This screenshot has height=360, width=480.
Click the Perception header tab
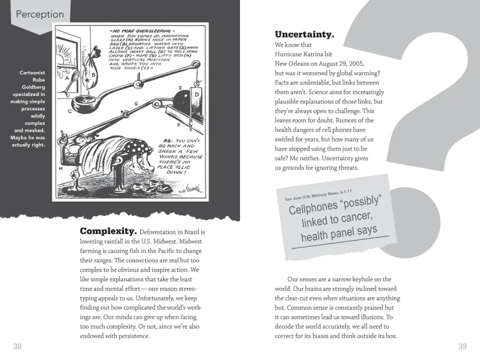[39, 15]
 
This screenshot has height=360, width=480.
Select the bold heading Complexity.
[108, 231]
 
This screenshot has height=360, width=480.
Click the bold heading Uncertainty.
[304, 34]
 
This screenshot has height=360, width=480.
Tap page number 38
[17, 347]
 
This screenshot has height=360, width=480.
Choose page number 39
[462, 347]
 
